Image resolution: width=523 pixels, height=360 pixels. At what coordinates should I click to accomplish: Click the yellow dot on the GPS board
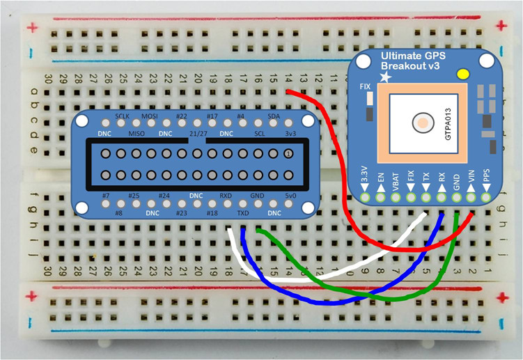(461, 74)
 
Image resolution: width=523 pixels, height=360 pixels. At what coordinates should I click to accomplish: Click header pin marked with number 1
(288, 154)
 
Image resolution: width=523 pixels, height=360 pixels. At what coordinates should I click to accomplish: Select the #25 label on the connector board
(135, 196)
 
